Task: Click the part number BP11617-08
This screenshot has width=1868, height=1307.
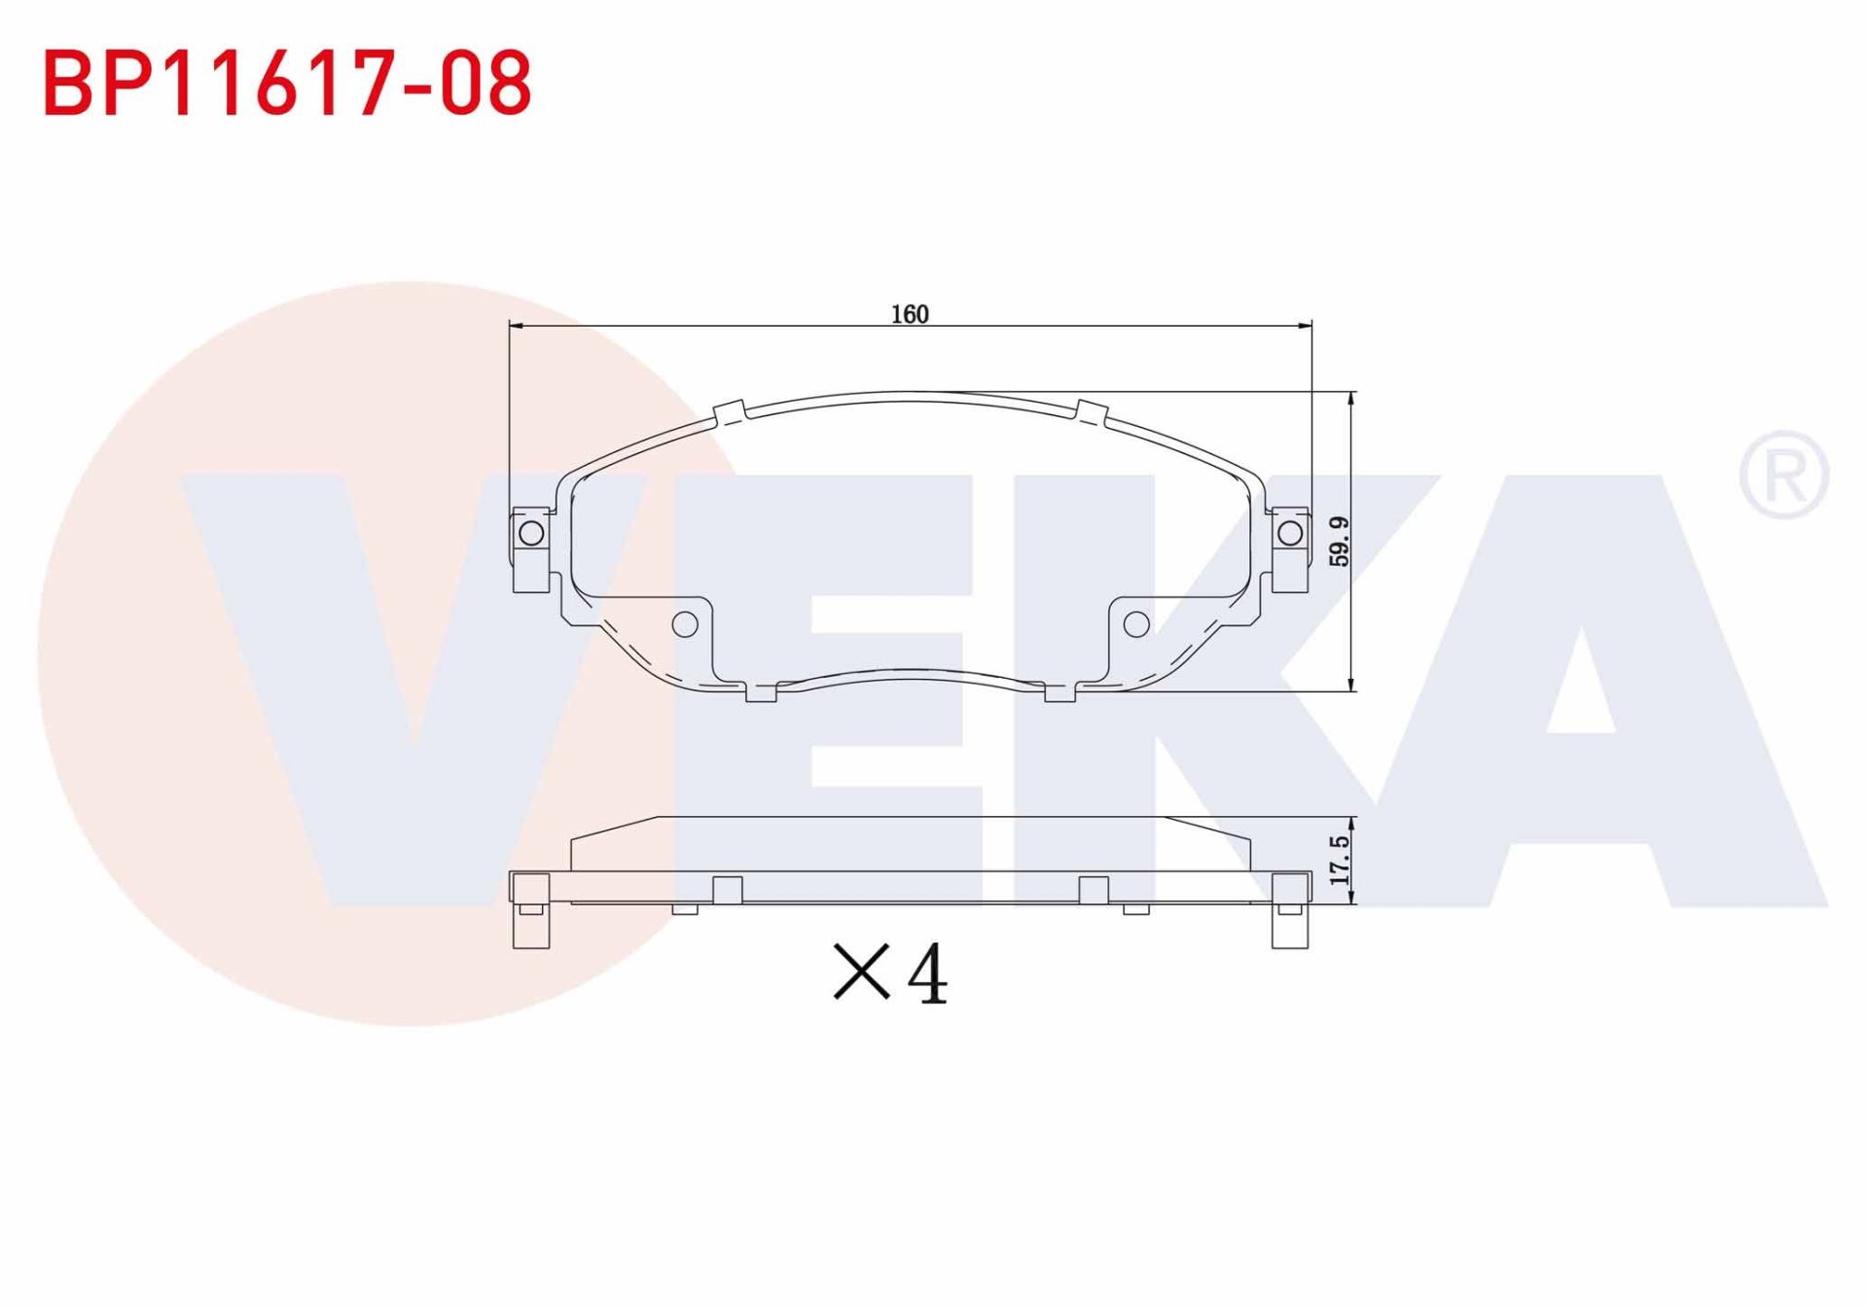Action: (x=287, y=84)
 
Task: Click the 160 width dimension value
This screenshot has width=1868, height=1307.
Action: (x=910, y=314)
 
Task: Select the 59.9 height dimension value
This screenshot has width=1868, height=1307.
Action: (x=1340, y=542)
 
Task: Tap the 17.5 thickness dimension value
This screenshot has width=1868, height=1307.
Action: (x=1340, y=860)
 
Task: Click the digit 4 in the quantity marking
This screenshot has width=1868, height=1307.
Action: (x=926, y=974)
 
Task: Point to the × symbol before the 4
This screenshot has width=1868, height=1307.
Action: (x=861, y=971)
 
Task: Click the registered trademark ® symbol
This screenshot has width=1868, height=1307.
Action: (x=1783, y=475)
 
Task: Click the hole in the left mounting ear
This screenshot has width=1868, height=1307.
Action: (x=531, y=533)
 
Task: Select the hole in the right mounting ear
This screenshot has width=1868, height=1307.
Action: (x=1290, y=533)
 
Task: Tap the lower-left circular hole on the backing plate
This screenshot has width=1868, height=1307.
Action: (x=685, y=624)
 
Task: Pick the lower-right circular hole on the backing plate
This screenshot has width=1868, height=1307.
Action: (x=1136, y=624)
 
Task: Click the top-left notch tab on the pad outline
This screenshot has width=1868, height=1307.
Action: (x=730, y=414)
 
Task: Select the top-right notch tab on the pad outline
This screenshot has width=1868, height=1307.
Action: (x=1091, y=412)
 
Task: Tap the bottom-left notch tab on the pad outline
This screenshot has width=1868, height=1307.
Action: (x=761, y=692)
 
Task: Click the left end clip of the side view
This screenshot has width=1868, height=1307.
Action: (x=530, y=910)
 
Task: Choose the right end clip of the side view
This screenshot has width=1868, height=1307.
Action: (x=1290, y=910)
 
